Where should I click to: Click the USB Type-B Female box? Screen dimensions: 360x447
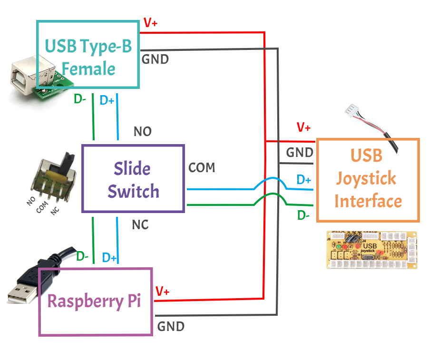[88, 55]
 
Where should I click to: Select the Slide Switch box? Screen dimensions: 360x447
[133, 178]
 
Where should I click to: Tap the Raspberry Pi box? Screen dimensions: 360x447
[95, 302]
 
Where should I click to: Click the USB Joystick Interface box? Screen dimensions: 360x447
[368, 180]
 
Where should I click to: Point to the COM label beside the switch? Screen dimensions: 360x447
[202, 168]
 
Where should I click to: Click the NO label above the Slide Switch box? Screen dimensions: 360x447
[143, 132]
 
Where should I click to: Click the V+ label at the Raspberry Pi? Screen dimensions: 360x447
[163, 291]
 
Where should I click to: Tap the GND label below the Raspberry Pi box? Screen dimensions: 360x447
[171, 327]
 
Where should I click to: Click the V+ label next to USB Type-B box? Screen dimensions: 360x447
[150, 23]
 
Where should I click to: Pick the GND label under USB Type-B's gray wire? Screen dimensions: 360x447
[155, 60]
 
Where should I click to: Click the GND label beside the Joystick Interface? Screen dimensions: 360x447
[300, 153]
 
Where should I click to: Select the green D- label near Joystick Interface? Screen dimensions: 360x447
[303, 215]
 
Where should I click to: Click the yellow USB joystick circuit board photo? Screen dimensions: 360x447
[371, 250]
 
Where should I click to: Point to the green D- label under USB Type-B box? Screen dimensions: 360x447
[79, 99]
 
